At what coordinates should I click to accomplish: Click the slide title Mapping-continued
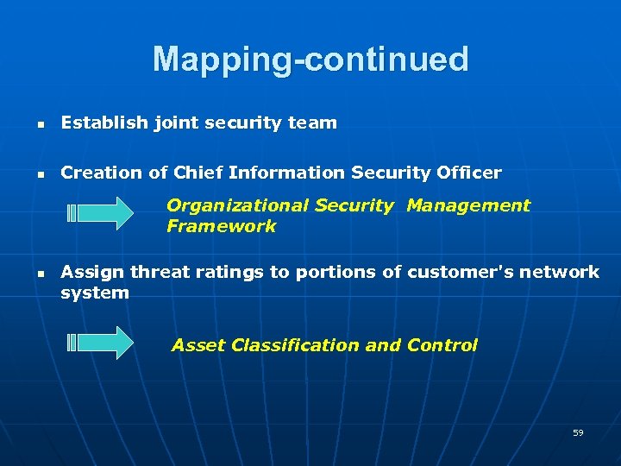310,60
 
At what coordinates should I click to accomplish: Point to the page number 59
578,432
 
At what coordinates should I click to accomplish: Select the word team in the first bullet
312,123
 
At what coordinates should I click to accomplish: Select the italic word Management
468,205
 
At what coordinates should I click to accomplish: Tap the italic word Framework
222,226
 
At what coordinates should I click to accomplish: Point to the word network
559,272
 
